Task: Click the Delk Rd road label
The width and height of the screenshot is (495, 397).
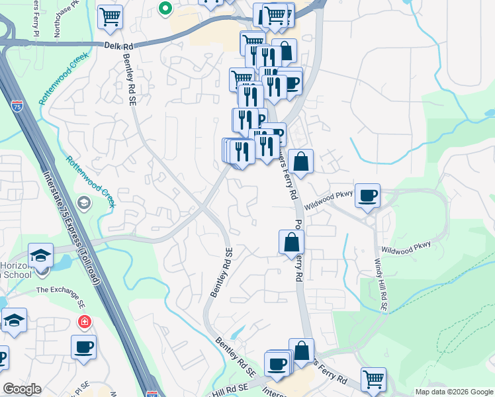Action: [x=119, y=45]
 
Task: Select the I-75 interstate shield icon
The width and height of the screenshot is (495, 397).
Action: [x=17, y=106]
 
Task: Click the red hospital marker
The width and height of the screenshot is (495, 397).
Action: [x=84, y=322]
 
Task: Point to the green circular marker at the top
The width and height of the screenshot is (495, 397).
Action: [x=165, y=9]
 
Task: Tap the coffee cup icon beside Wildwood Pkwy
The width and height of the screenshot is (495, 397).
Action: [x=367, y=195]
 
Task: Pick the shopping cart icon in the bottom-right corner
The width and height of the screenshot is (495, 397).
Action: [x=373, y=378]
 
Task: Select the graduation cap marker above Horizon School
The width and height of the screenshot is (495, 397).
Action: [x=40, y=255]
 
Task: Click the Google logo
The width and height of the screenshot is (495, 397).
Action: [x=22, y=389]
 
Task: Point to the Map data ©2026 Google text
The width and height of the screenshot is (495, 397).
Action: [x=453, y=392]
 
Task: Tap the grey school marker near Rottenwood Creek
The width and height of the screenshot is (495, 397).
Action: [x=84, y=201]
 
